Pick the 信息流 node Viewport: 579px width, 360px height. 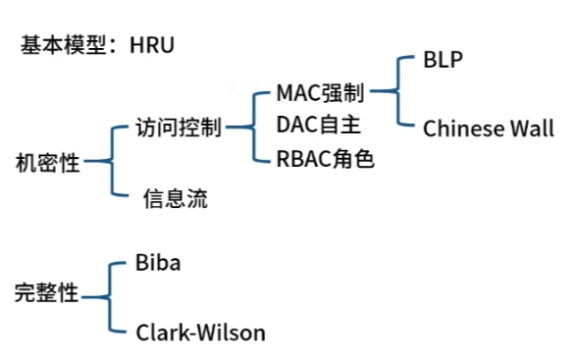coord(175,199)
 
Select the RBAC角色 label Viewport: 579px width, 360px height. coord(326,158)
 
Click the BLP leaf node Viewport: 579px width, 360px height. coord(443,60)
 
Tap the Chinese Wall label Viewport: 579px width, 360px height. coord(489,129)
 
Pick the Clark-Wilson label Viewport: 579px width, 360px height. coord(200,333)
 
